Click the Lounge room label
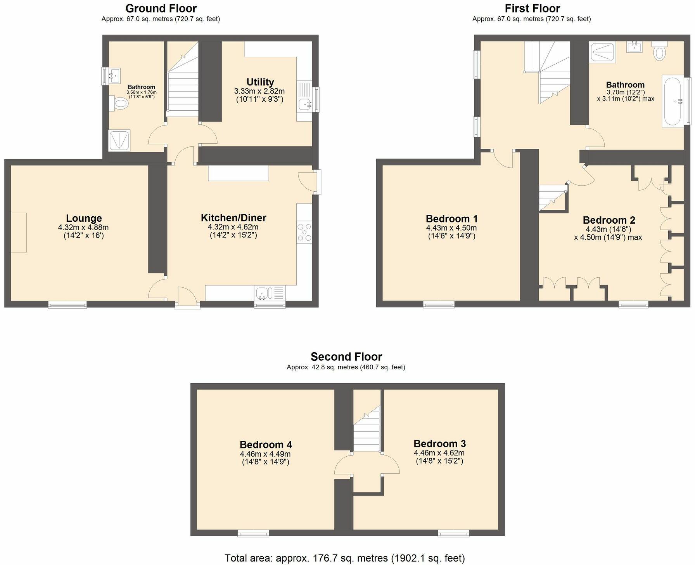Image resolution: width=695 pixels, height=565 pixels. pos(84,218)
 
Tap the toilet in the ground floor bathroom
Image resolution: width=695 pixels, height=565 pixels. pos(121,104)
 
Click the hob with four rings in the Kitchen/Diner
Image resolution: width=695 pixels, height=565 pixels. pos(304,232)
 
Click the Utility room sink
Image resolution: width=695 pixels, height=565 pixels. pos(305,104)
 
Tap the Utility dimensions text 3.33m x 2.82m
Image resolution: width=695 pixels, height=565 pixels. pos(259,91)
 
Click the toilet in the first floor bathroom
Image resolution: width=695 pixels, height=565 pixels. pos(659,52)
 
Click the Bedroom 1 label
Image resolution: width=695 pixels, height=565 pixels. pos(451,219)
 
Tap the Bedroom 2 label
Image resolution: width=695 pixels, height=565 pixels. pos(609,220)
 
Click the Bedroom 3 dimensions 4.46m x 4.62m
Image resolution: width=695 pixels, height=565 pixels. pos(439,453)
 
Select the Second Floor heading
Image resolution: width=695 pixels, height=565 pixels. pos(346,356)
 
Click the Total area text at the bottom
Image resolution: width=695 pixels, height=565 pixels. pos(344,558)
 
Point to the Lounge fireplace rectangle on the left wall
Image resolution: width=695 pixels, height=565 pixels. pos(18,232)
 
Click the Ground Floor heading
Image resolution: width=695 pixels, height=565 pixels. pos(161,8)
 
